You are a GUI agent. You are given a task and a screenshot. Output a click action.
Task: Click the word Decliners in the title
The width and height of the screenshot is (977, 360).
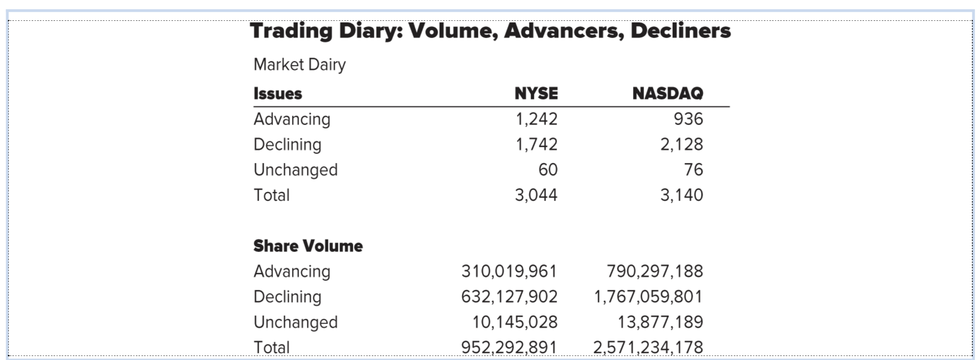coord(680,31)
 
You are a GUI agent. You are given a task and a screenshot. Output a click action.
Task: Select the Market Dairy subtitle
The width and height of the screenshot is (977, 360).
coord(299,65)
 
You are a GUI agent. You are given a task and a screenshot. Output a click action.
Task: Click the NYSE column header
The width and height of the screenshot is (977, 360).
coord(536,93)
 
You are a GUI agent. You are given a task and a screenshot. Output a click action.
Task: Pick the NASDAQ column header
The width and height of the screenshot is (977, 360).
coord(668,93)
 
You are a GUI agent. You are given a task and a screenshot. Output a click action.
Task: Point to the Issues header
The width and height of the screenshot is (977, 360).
coord(277,93)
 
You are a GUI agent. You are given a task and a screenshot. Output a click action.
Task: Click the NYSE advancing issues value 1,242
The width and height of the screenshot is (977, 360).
coord(536,119)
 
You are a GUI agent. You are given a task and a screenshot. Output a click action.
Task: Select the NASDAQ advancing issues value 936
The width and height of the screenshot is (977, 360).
coord(688,119)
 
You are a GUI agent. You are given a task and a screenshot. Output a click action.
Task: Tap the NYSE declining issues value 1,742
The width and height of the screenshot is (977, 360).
coord(536,144)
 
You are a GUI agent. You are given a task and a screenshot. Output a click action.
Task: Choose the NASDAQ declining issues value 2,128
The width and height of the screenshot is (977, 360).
coord(681,144)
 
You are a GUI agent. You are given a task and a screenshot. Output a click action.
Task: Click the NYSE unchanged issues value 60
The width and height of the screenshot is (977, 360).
coord(548,170)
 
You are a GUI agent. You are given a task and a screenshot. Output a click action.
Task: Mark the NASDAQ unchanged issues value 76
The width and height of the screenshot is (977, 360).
coord(693,170)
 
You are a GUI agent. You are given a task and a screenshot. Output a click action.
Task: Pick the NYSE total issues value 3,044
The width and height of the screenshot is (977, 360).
coord(536,195)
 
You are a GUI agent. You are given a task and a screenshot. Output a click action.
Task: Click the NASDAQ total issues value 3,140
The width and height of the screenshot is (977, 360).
coord(681,195)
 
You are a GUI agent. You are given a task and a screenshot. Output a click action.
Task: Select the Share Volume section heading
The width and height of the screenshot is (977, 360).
coord(308,246)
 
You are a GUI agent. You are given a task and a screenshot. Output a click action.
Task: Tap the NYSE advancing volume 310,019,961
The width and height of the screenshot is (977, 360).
coord(509,271)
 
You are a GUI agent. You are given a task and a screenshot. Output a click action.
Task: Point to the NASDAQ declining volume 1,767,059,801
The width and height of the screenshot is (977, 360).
coord(648,297)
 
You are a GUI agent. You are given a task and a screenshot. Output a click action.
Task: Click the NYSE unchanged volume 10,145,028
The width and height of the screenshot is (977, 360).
coord(515,322)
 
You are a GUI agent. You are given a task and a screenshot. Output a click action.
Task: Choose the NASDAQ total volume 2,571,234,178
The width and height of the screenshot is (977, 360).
coord(648,347)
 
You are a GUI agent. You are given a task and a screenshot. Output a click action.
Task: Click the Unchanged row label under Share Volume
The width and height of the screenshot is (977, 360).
coord(296,322)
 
